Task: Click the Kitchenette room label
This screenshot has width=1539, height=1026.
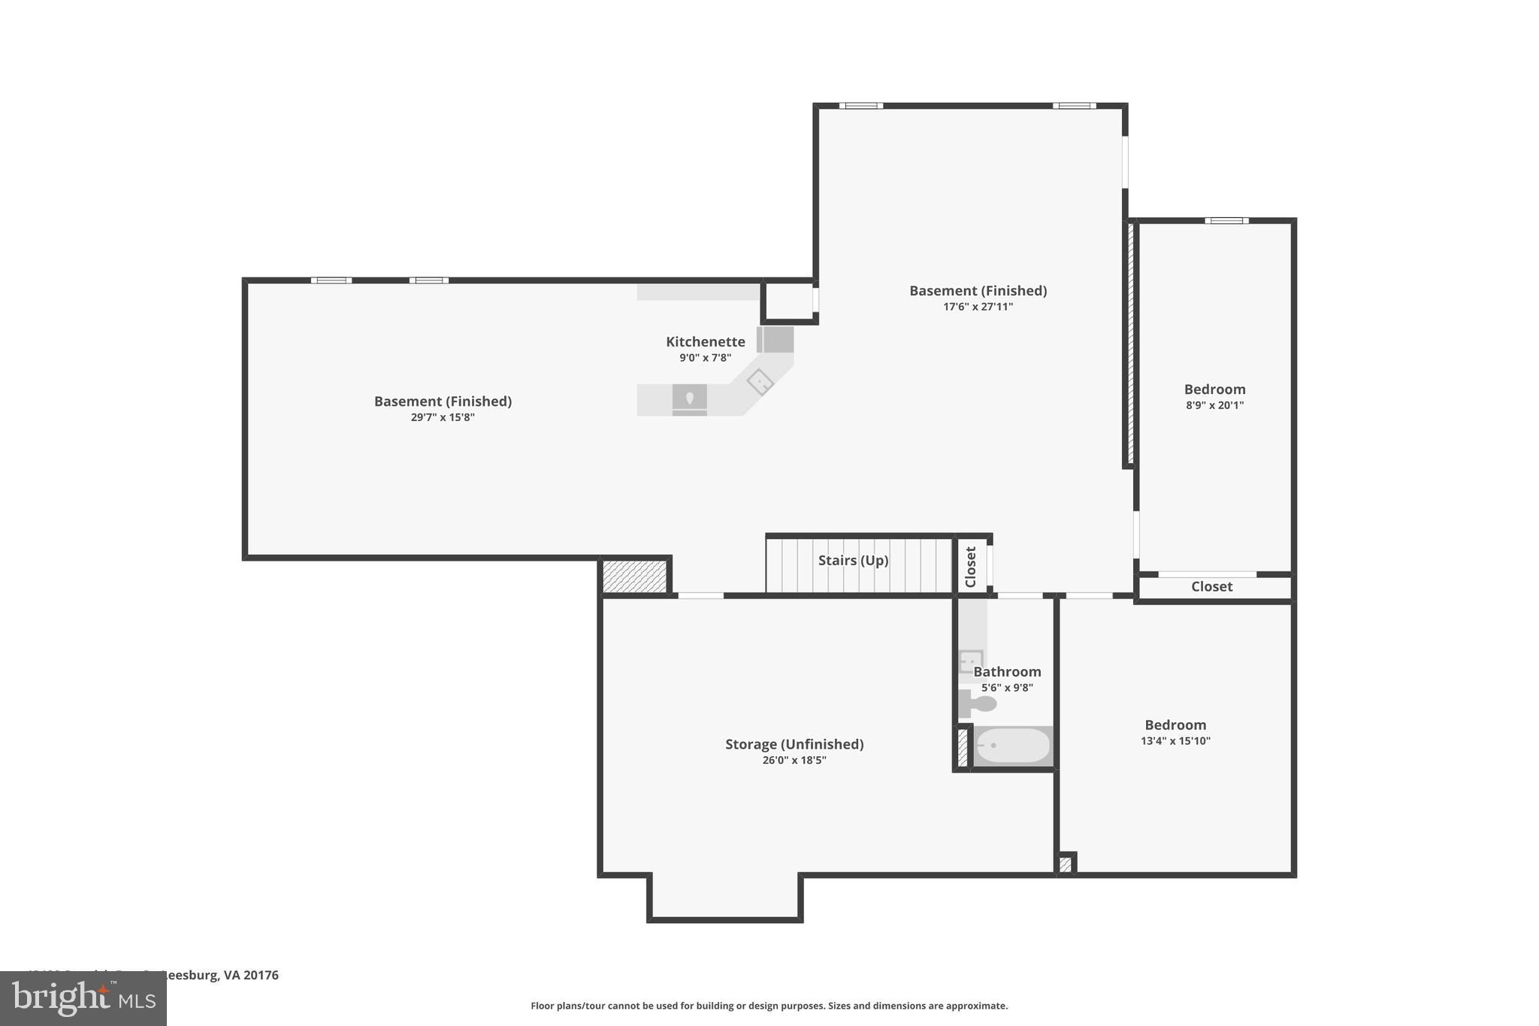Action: click(705, 342)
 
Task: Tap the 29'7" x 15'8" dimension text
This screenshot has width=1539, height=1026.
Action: click(443, 417)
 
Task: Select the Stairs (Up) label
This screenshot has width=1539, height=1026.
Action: click(853, 561)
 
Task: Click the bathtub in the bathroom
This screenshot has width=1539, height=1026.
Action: click(1012, 746)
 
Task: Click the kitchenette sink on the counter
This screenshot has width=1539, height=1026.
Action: click(689, 398)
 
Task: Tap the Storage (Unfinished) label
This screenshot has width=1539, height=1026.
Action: click(794, 744)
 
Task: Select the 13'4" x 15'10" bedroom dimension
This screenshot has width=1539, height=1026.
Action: click(1175, 741)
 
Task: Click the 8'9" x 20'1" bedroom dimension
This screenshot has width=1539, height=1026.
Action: click(1214, 405)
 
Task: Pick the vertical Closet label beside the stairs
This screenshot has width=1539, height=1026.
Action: click(970, 567)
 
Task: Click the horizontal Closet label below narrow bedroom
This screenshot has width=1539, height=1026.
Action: click(1211, 587)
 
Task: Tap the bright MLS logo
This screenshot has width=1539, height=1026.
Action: click(83, 998)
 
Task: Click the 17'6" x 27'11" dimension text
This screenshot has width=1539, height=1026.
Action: click(978, 307)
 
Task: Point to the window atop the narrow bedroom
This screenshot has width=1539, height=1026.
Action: click(1226, 221)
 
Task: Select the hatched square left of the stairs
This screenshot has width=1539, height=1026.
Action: click(635, 577)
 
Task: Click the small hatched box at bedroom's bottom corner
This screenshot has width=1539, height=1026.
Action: click(1065, 864)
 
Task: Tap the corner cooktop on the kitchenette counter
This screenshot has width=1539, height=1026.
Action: click(760, 382)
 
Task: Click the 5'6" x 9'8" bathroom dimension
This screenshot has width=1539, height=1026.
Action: click(1007, 688)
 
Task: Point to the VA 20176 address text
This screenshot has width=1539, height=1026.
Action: click(251, 976)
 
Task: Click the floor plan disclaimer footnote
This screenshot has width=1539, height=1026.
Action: click(769, 1006)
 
